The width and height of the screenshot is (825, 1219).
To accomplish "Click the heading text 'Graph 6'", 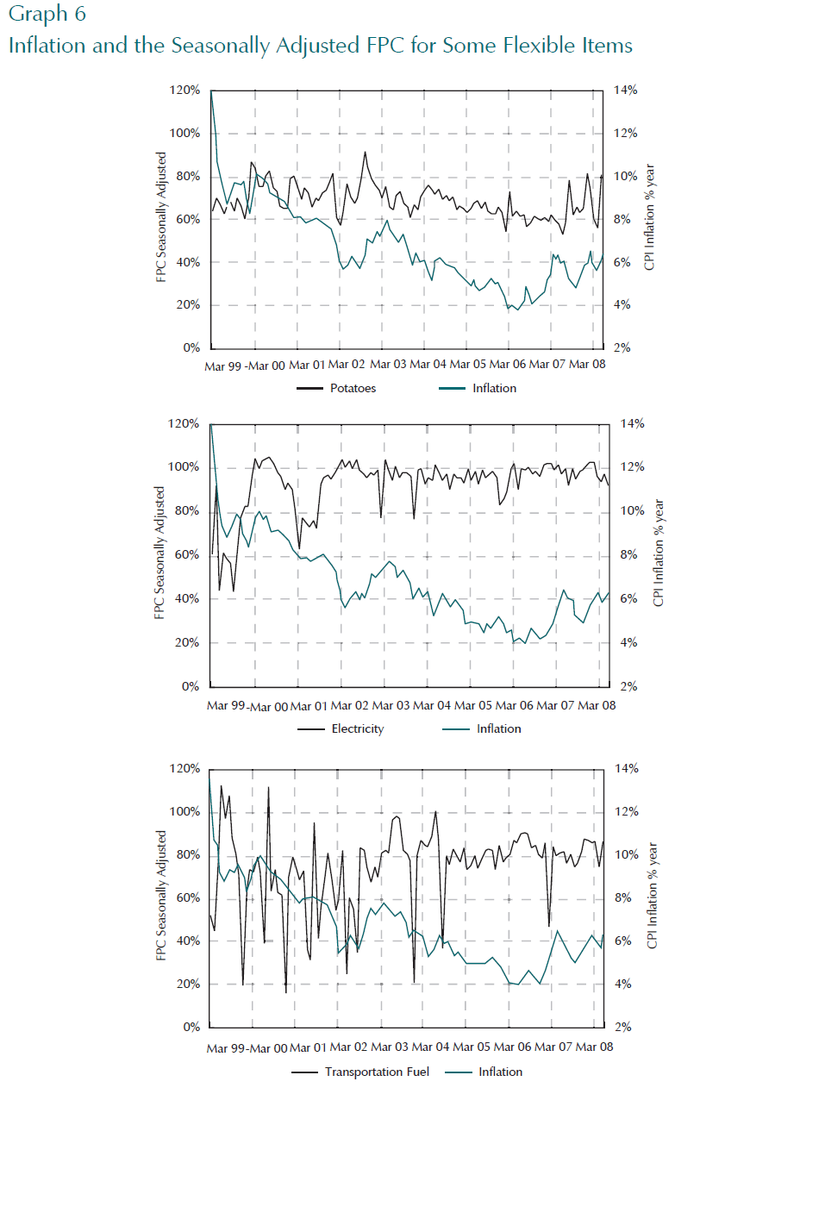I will coord(47,14).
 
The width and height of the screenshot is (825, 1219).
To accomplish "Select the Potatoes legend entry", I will coord(353,388).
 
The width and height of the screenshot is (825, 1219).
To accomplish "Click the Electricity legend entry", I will coord(357,728).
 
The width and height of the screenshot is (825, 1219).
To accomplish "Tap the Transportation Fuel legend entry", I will coord(377,1072).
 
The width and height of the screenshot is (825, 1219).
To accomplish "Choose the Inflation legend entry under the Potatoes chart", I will coord(494,388).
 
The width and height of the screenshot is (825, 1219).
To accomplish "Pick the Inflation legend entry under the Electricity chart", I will coord(498,728).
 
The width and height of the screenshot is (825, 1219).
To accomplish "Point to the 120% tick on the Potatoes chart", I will coord(184,90).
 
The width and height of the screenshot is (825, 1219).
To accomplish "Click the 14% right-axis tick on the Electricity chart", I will coord(632,423).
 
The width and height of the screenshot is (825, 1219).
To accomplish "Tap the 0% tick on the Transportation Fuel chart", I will coord(191,1027).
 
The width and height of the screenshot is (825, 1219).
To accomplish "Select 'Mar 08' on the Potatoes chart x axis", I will coord(587,364).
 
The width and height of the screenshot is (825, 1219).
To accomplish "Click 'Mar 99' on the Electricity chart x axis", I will coord(226,705).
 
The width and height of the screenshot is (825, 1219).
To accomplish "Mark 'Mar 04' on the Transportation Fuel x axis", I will coord(430,1047).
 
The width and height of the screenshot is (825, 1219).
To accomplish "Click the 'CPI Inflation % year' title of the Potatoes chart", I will coord(650,217).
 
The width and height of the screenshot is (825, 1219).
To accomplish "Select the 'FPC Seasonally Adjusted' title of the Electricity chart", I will coord(159,553).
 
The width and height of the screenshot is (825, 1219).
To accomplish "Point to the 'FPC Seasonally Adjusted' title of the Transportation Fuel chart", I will coord(161,896).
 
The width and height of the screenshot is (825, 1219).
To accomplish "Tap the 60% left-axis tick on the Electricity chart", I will coord(187,554).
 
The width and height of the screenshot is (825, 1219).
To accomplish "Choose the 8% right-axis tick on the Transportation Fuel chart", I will coord(622,897).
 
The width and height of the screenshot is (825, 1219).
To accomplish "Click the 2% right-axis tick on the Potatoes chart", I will coord(622,347).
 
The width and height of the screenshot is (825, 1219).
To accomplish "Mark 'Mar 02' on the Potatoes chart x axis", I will coord(347,364).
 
